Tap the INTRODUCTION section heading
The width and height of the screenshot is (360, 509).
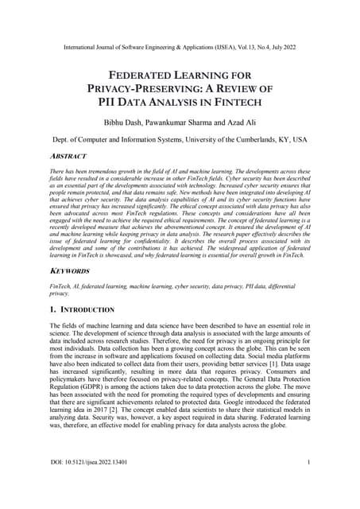point(87,309)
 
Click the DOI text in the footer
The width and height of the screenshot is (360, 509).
point(87,484)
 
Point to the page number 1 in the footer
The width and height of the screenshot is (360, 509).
point(308,484)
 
